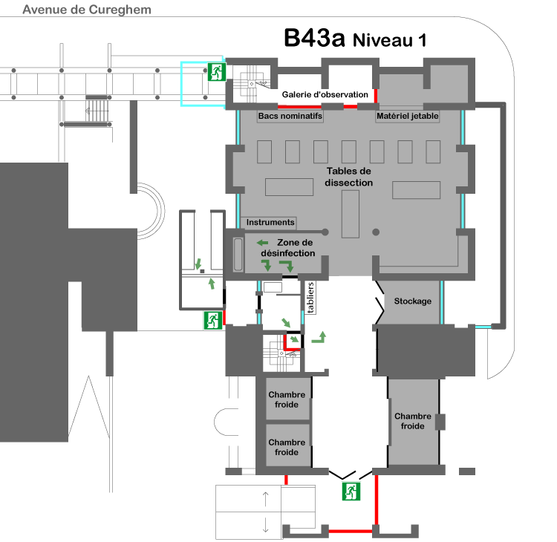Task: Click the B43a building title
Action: pos(314,38)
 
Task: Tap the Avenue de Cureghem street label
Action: pos(87,10)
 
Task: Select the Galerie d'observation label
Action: pos(325,94)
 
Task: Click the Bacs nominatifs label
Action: pos(290,116)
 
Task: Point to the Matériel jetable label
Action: pos(408,116)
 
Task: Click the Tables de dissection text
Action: pos(348,177)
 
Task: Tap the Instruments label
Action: pos(270,222)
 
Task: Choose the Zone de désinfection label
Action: pos(288,247)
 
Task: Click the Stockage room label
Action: pos(413,301)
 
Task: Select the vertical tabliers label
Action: pos(310,298)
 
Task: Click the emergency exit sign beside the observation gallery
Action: pos(216,72)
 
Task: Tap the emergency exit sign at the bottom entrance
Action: pos(351,492)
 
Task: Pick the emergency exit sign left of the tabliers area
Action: pos(213,320)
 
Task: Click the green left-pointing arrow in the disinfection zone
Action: pos(262,243)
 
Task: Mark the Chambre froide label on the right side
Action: pos(413,421)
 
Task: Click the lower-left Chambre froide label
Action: pos(287,447)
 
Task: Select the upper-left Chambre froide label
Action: pos(287,399)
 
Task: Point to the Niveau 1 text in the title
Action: pos(390,40)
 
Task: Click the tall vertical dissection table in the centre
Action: pos(351,214)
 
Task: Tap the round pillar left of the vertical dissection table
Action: pos(325,232)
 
